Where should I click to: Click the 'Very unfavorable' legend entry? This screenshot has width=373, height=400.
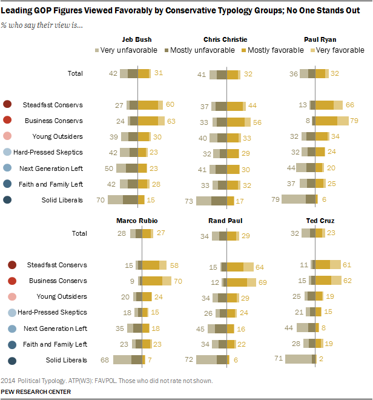tap(125, 50)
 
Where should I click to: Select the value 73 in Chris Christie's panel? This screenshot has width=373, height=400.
tap(188, 200)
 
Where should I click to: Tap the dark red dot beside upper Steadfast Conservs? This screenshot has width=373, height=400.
tap(8, 105)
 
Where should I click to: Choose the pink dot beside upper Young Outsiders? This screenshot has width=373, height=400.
tap(8, 136)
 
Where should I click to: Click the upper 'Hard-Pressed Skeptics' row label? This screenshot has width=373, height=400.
tap(48, 152)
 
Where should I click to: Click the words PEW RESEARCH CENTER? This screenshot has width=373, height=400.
tap(36, 392)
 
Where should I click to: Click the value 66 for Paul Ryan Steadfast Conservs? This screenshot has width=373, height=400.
tap(350, 105)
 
